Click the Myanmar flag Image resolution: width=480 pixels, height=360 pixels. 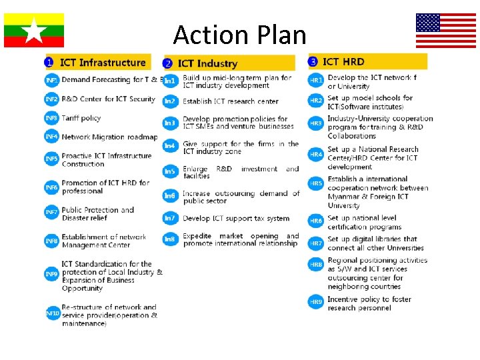(x=34, y=30)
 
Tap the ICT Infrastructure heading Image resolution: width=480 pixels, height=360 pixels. (x=103, y=63)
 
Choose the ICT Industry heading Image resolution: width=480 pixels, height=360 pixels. (x=208, y=63)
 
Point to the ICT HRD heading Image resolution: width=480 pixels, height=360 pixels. (x=343, y=62)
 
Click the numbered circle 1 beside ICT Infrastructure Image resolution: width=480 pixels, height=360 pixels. (x=49, y=63)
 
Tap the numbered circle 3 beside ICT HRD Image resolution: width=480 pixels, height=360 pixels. (x=313, y=62)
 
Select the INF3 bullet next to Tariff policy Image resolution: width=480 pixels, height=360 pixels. (x=51, y=118)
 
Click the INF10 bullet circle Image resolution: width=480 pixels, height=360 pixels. (x=52, y=313)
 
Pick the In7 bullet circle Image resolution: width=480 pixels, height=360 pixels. (x=170, y=218)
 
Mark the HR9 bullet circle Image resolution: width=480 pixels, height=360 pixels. (x=316, y=302)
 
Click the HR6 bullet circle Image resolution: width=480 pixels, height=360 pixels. (x=316, y=221)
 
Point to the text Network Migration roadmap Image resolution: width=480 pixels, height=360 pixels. (x=110, y=137)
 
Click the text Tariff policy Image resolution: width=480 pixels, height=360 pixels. (x=81, y=118)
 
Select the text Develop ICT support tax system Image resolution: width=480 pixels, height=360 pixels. (x=236, y=218)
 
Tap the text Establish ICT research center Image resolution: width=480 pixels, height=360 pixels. (x=231, y=101)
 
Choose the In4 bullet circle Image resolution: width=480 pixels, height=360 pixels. (x=170, y=145)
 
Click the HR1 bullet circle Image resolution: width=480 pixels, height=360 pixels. (x=316, y=81)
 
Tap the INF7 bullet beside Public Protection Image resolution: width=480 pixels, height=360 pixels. (x=51, y=212)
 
